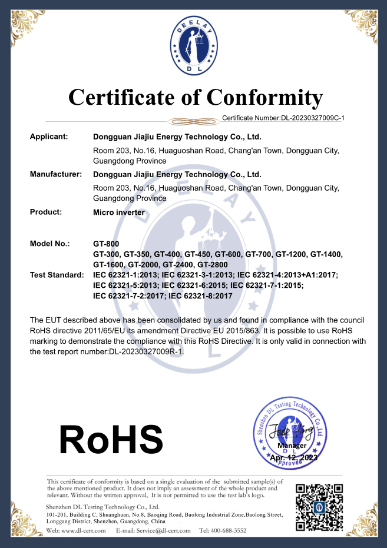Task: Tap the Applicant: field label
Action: [49, 137]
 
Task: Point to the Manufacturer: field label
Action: [55, 174]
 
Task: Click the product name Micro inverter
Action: [119, 212]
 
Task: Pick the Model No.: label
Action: [49, 243]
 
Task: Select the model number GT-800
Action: [107, 243]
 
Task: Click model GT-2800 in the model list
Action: [211, 265]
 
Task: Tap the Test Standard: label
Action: [57, 275]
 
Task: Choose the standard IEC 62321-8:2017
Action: [200, 296]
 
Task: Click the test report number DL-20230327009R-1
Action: [147, 351]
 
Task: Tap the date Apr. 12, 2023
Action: [293, 457]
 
